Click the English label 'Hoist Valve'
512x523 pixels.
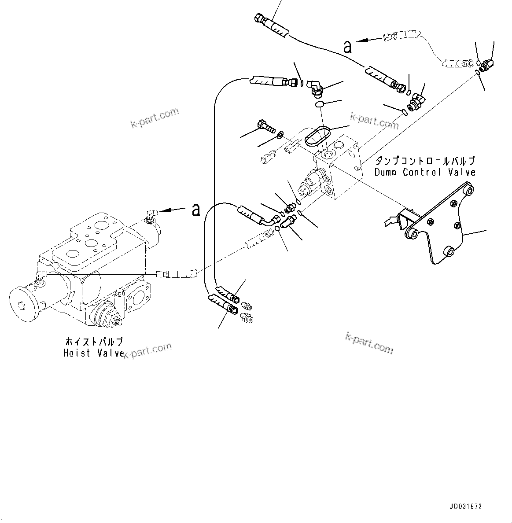tap(93, 353)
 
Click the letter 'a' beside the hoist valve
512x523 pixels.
tap(196, 210)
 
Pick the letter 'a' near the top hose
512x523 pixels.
tap(347, 47)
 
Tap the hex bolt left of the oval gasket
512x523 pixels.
tap(264, 126)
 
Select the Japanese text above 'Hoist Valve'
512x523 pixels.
tap(93, 342)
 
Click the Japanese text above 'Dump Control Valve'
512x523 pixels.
tap(425, 161)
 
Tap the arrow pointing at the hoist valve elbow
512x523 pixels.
tap(172, 211)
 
